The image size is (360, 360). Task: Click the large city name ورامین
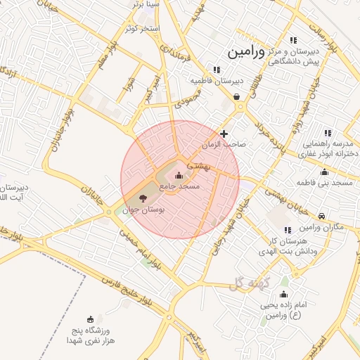tap(245, 51)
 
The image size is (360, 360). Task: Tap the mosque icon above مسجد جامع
tap(177, 175)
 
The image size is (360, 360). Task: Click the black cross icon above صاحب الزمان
tap(224, 133)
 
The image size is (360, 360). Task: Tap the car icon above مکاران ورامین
tap(321, 216)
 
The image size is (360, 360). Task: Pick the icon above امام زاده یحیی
tap(283, 294)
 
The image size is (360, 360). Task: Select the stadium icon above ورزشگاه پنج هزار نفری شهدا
tap(90, 319)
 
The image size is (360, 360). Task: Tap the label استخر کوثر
tap(143, 28)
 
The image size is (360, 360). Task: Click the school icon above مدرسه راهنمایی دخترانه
tap(327, 132)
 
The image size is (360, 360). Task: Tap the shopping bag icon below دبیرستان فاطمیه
tap(236, 96)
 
